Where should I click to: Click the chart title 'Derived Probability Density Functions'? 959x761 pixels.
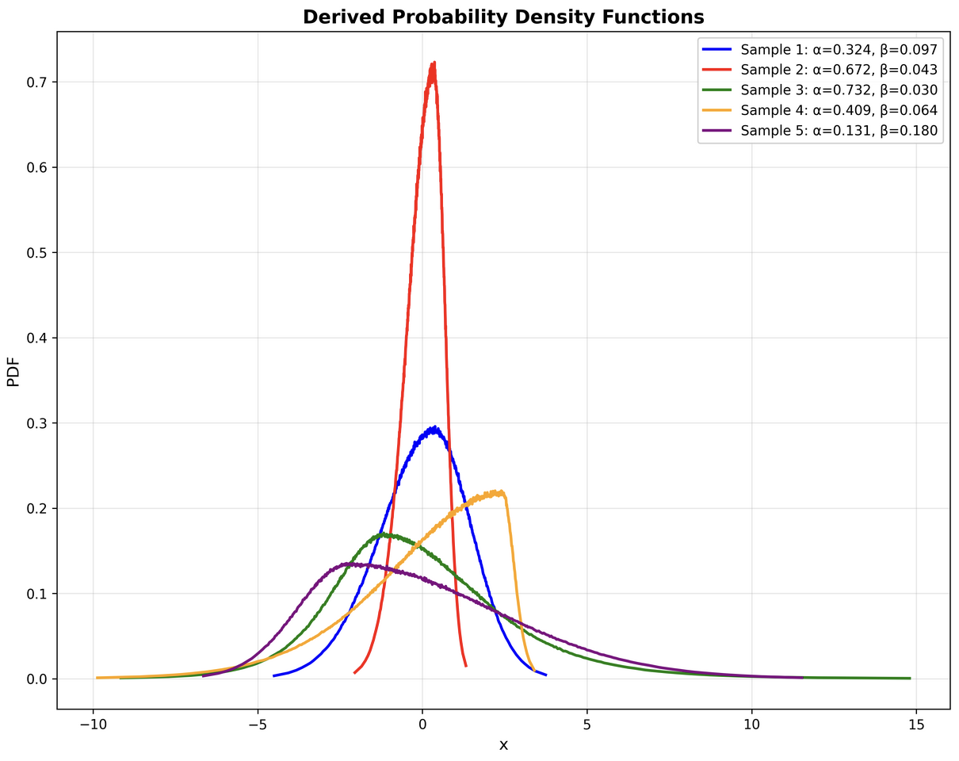click(503, 17)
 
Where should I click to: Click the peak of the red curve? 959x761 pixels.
click(434, 63)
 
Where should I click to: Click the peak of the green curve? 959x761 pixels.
click(384, 534)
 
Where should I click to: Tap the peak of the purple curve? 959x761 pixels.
click(349, 564)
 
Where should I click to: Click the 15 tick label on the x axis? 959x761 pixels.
click(916, 725)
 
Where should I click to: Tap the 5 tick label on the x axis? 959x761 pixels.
click(587, 725)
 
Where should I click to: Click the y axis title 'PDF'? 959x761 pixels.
click(13, 371)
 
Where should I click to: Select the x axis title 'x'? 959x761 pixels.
click(503, 745)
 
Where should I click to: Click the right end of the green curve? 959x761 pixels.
click(910, 678)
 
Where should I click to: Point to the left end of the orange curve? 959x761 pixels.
click(97, 678)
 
